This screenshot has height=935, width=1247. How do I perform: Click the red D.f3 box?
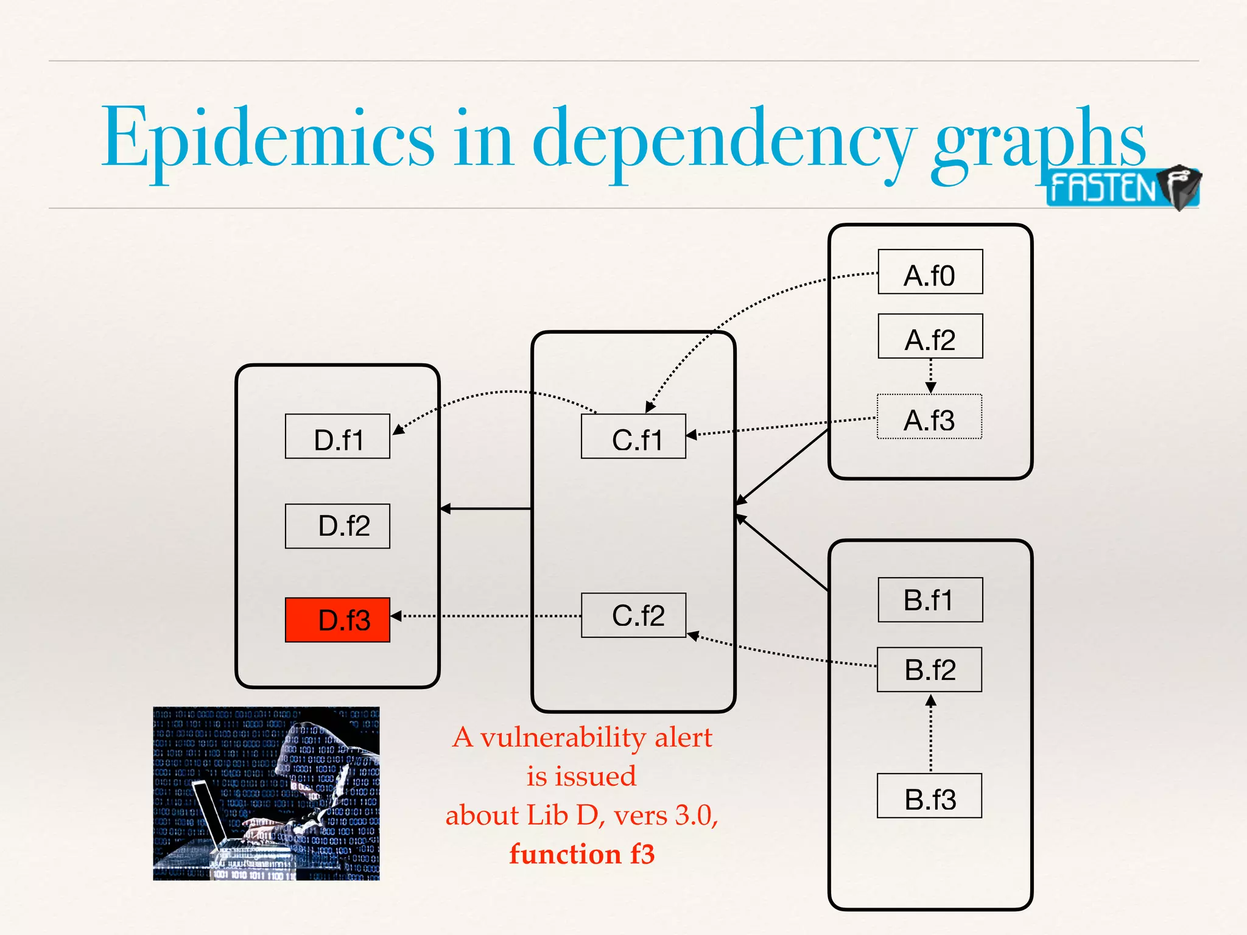[337, 620]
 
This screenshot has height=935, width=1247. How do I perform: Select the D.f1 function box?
[337, 436]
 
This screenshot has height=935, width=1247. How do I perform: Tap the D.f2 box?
[337, 526]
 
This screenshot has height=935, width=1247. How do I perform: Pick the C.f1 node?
[633, 436]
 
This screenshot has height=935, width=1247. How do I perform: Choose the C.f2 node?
[633, 615]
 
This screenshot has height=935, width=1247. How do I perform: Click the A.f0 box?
[930, 272]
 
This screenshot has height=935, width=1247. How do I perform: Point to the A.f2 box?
[930, 336]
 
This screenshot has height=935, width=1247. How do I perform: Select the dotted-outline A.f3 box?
[929, 417]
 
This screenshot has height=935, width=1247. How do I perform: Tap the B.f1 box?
[930, 600]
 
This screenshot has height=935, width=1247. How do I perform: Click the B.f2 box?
[929, 670]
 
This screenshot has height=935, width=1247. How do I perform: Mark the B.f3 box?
[929, 796]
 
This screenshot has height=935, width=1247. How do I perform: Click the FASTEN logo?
[1122, 187]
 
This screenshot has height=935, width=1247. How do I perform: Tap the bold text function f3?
[582, 853]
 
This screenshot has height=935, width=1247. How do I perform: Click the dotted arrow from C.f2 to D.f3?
[487, 616]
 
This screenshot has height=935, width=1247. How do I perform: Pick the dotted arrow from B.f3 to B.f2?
[930, 734]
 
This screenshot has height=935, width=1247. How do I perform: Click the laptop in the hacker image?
[210, 813]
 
